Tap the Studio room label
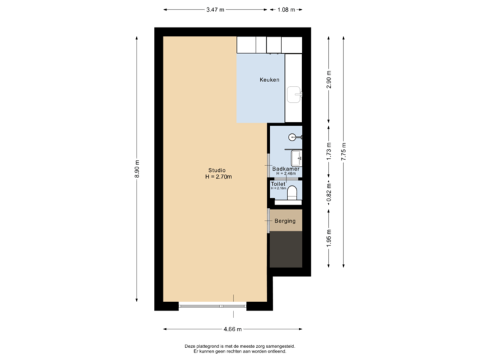click(x=217, y=169)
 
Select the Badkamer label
click(x=285, y=169)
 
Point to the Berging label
click(x=285, y=221)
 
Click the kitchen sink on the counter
click(x=294, y=94)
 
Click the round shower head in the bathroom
click(x=293, y=137)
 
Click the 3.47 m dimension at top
click(x=215, y=10)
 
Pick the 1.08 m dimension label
click(x=287, y=10)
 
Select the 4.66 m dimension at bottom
click(x=233, y=329)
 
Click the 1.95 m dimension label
click(x=328, y=238)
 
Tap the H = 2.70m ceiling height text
click(x=218, y=177)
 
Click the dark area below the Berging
click(x=285, y=249)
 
